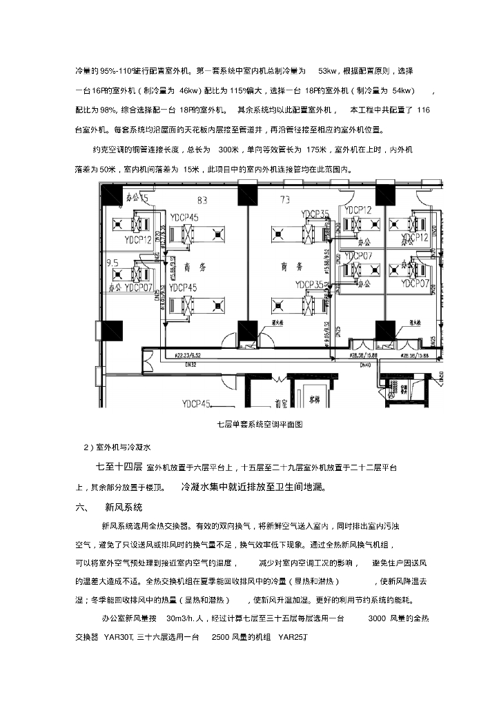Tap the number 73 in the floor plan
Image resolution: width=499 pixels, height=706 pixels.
284,201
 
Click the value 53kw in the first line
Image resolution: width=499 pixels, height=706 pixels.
327,70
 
